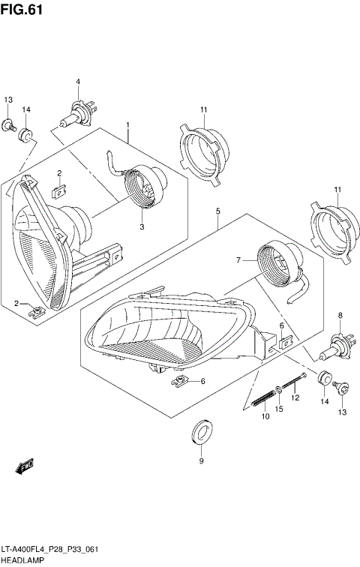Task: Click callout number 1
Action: (x=128, y=125)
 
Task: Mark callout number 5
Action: (x=217, y=212)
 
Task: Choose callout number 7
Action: (x=238, y=260)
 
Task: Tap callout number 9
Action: (x=200, y=461)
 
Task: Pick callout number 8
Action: (x=340, y=315)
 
